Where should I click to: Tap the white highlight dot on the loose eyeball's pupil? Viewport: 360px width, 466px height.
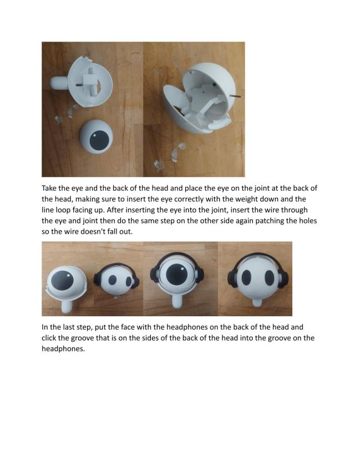[x=94, y=135]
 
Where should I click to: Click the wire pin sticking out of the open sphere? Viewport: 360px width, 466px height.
[x=237, y=96]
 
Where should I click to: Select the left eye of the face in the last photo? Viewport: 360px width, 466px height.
[x=246, y=277]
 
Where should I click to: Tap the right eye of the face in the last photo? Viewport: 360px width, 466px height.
[x=270, y=277]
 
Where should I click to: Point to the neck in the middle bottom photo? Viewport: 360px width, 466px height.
[x=177, y=301]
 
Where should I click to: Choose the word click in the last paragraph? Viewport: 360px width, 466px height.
[x=48, y=338]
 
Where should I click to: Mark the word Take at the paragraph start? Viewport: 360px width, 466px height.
[x=48, y=188]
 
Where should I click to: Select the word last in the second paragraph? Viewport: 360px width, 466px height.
[x=69, y=327]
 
